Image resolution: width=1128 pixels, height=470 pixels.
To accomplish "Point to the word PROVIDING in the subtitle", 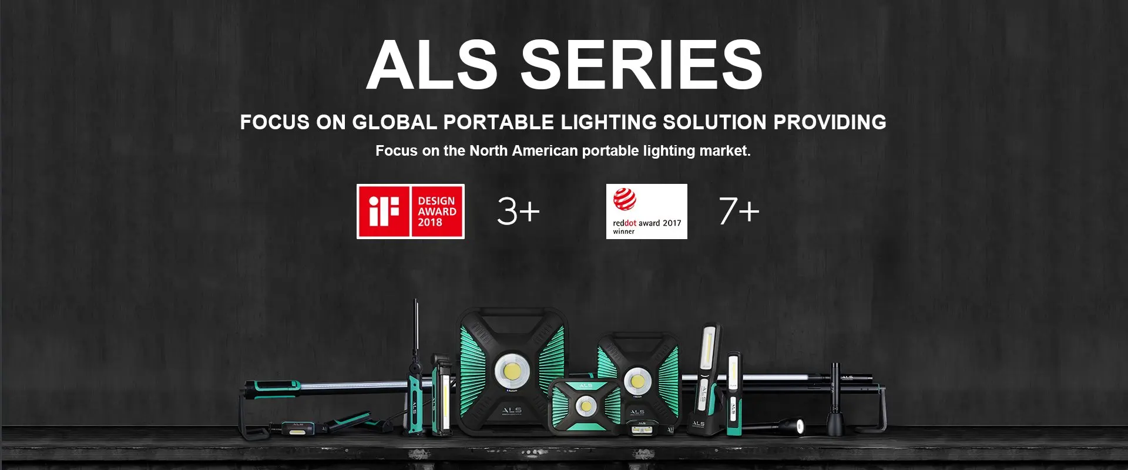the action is [x=830, y=122].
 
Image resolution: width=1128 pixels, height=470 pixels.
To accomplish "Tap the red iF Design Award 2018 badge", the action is [x=411, y=211].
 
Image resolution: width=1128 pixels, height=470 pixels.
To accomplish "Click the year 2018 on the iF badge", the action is [x=430, y=223].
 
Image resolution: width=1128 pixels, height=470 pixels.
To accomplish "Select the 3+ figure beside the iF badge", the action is [x=518, y=211].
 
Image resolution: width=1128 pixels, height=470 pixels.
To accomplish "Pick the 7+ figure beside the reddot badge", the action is [x=739, y=211].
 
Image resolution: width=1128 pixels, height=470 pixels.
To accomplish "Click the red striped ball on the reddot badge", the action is [x=625, y=199].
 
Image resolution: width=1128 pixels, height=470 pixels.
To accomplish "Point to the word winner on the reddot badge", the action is [x=623, y=231].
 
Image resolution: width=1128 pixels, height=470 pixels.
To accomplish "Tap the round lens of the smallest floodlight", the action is [x=585, y=406].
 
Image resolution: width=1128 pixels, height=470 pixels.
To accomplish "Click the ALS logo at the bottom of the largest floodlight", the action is [x=512, y=409].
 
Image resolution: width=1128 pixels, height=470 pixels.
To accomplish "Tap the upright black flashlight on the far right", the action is [x=835, y=399].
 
